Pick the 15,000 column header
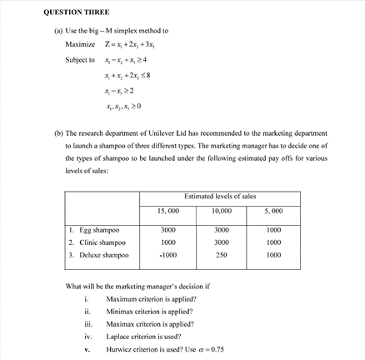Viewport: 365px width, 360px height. pos(167,211)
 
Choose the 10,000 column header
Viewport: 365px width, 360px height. pos(221,211)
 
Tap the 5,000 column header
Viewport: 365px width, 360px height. pos(273,211)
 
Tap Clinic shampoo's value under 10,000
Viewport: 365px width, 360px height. pos(221,242)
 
